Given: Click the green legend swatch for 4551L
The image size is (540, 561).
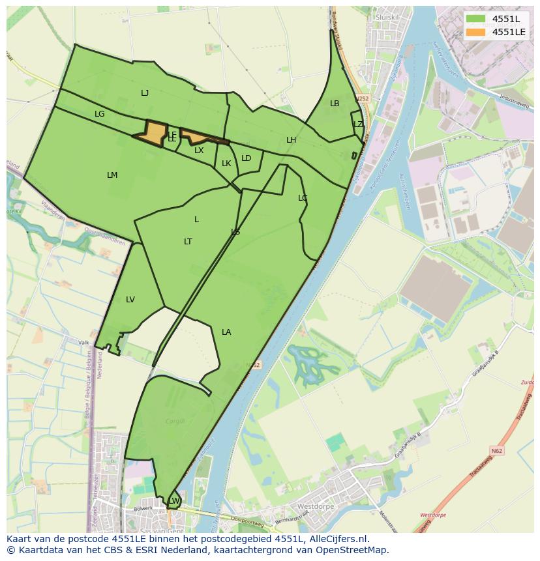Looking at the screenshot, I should tap(476, 19).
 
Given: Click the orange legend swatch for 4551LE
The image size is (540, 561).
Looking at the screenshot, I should tap(476, 32).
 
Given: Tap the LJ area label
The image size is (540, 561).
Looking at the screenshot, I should tap(145, 93).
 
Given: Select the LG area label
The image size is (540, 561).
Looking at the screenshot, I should tap(99, 114).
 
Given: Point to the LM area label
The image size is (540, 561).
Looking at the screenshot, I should tap(112, 175).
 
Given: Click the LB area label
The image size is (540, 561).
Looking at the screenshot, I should tap(335, 104).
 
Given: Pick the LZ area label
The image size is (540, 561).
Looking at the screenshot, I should tap(358, 124).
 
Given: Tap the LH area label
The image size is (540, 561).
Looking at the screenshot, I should tap(291, 140).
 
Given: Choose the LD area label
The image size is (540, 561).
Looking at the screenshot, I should tap(246, 158).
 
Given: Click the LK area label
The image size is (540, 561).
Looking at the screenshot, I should tap(226, 164).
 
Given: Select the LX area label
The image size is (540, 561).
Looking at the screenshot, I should tap(199, 151).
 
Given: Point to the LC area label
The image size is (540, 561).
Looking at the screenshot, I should tap(303, 198).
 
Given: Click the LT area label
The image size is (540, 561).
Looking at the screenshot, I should tap(188, 242).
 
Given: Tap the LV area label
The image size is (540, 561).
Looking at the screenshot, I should tap(130, 300).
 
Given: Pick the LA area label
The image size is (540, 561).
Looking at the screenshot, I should tap(226, 332).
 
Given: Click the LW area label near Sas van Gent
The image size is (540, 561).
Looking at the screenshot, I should tap(174, 500).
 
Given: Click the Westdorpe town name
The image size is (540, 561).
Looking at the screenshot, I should tap(316, 506).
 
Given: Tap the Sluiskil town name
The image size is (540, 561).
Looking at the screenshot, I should tap(387, 17).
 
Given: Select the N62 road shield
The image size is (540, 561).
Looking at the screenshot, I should tap(498, 450).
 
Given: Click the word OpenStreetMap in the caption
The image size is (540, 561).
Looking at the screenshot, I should tap(353, 549).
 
